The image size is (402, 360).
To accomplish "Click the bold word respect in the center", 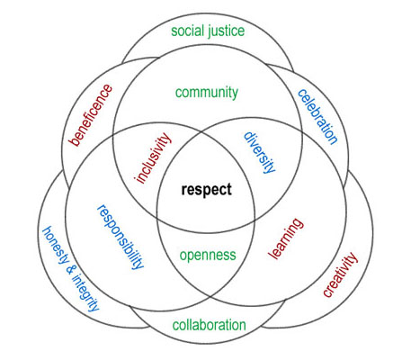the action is pos(206,190).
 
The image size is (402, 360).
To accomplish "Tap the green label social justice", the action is pos(208,31).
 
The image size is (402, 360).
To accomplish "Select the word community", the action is pos(207,93).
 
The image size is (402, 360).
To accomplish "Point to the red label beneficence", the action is pos(91,115).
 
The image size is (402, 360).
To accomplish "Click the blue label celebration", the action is pos(317,117).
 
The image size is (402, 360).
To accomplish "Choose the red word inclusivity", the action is pos(153,157).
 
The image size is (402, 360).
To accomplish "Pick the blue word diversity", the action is pos(259,152).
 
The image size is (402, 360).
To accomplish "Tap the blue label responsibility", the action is pos(121,237).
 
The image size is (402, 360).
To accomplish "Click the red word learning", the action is pos(286,238).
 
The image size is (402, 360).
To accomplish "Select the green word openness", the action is pos(208,256).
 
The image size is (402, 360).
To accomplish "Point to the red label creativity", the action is pos(340,274).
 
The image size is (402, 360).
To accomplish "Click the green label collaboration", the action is pos(209,325).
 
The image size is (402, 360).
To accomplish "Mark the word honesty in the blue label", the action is pos(55,245).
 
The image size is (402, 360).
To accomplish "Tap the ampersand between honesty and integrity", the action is pos(69,270).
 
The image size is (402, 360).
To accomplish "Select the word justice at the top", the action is pos(226,31).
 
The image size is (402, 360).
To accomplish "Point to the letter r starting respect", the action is pos(183,190).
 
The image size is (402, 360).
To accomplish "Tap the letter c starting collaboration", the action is pos(175,326).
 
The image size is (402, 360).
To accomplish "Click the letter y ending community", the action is pos(235,94).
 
